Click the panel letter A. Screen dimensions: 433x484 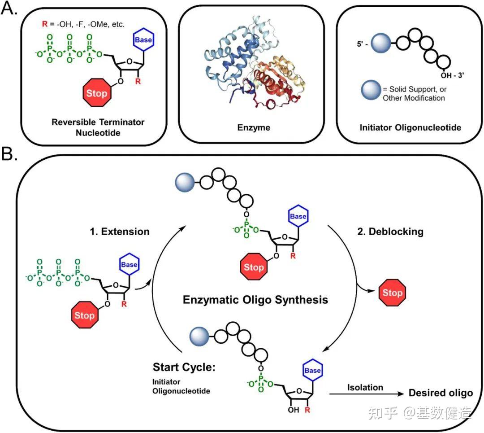[x=10, y=10]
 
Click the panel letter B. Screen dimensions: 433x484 [x=10, y=155]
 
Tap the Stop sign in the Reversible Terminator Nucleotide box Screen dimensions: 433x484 [x=96, y=94]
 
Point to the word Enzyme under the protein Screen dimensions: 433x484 [x=254, y=128]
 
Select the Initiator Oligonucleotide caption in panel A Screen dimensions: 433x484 [x=410, y=128]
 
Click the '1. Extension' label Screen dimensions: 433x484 [x=119, y=232]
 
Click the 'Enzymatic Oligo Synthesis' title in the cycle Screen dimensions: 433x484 [x=255, y=299]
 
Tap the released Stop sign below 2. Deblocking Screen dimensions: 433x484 [x=391, y=293]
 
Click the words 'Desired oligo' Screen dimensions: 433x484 [x=441, y=393]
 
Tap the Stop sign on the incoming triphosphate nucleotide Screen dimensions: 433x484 [x=84, y=315]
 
